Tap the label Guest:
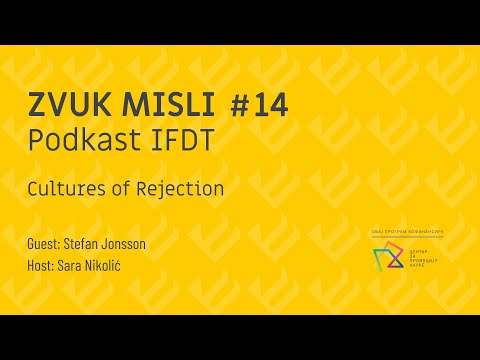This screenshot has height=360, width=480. [45, 243]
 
